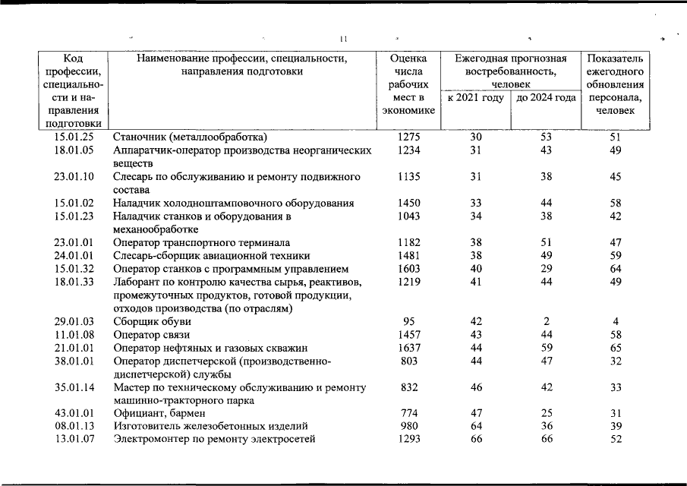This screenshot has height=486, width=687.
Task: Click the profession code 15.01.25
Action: coord(74,137)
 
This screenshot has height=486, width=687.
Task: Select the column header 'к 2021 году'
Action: coord(475,98)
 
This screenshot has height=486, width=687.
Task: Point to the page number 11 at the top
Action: coord(343,39)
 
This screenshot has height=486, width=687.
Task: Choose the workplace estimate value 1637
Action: coord(408,348)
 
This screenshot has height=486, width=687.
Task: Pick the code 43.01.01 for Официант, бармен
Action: coord(74,413)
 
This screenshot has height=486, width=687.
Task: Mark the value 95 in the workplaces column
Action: coord(408,321)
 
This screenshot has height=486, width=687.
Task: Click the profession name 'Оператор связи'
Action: coord(151,334)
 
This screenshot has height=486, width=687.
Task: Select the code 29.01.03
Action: coord(74,321)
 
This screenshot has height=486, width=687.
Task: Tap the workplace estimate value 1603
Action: coord(408,269)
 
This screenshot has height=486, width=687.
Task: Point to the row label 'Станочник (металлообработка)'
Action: coord(190,137)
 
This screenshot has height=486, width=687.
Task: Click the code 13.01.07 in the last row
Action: coord(74,439)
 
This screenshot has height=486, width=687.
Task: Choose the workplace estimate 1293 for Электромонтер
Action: coord(408,439)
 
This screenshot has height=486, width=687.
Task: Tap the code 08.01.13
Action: coord(74,426)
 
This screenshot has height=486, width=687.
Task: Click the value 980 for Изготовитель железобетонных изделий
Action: coord(408,426)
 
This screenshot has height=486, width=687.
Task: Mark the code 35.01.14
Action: coord(74,387)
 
